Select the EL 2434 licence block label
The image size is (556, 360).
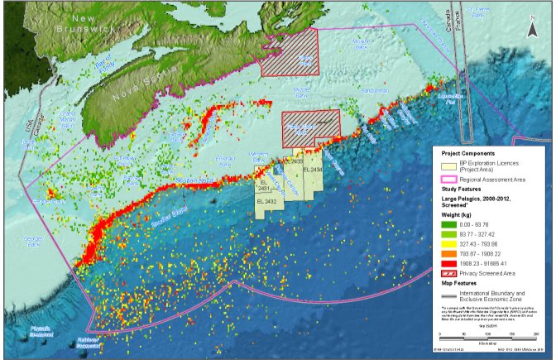[313, 170]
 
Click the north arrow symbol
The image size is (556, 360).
[532, 30]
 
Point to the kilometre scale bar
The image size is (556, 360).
[487, 334]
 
